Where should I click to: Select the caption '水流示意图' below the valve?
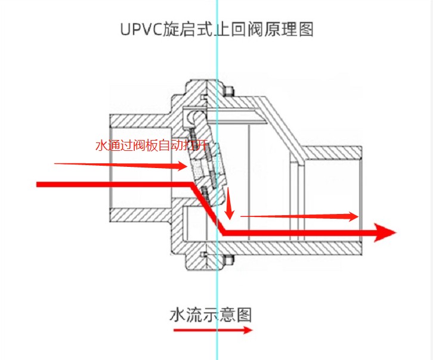pos(211,314)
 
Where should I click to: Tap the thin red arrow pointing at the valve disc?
pos(119,165)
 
